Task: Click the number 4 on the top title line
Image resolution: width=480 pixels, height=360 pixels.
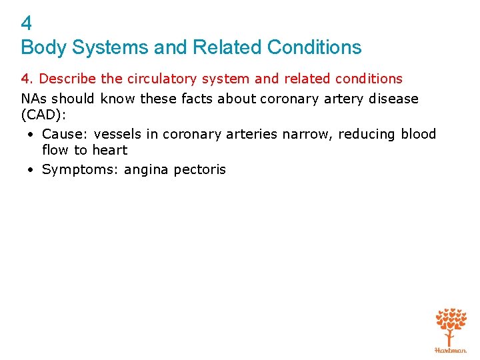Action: tap(26, 24)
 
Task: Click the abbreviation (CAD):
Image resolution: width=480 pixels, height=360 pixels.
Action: tap(43, 115)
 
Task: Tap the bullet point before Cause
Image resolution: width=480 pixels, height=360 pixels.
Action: tap(31, 135)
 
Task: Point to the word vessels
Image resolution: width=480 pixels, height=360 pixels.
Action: tap(117, 134)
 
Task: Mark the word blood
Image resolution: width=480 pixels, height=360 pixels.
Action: tap(418, 134)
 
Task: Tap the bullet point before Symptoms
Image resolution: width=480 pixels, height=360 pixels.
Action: tap(31, 170)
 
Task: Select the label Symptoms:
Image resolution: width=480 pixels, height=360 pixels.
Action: tap(77, 170)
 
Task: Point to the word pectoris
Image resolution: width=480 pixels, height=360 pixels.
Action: tap(199, 169)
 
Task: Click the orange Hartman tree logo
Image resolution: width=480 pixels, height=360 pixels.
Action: tap(451, 329)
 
